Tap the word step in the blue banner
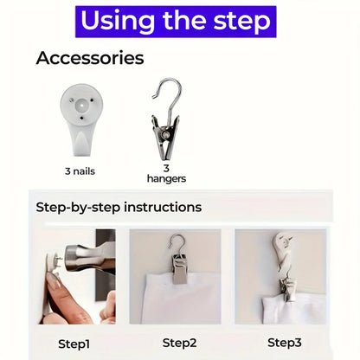tap(241, 22)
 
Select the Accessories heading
tap(90, 58)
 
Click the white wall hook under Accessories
tap(81, 119)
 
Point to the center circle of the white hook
tap(81, 106)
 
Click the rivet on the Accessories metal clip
tap(165, 134)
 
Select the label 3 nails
tap(80, 171)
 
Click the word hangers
tap(166, 179)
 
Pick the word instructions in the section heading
tap(163, 207)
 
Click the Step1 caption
tap(74, 344)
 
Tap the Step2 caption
tap(179, 343)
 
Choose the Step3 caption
tap(285, 343)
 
